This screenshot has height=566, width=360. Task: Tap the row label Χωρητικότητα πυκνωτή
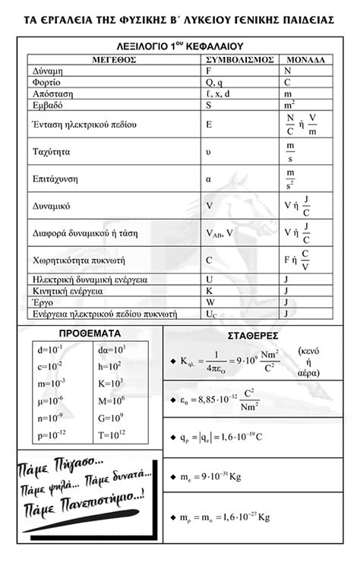point(84,260)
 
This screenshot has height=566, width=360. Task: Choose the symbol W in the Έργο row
point(210,302)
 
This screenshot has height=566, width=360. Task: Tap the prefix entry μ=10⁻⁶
point(51,400)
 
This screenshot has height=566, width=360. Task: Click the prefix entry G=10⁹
point(111,417)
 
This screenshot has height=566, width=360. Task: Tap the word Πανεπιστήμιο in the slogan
point(91,498)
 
